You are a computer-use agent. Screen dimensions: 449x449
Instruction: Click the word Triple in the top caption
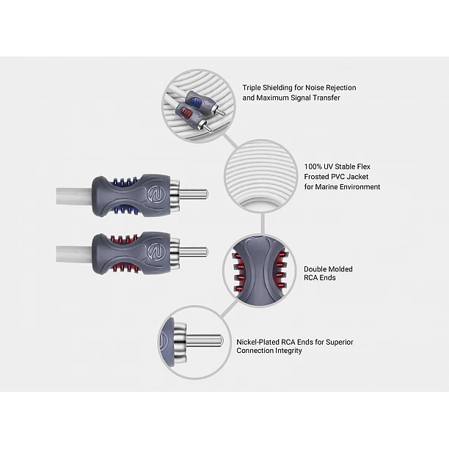coord(252,88)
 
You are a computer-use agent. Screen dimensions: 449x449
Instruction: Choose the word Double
coord(316,269)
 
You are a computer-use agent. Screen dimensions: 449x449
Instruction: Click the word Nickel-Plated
coord(258,342)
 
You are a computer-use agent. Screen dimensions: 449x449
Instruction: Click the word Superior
coord(340,342)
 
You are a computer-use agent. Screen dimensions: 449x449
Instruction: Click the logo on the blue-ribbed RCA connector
coord(155,195)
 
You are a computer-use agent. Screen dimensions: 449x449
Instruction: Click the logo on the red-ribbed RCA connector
coord(155,252)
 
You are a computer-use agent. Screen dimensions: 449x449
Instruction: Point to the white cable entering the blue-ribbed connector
coord(74,196)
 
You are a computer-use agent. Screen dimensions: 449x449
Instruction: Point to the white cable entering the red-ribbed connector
coord(74,254)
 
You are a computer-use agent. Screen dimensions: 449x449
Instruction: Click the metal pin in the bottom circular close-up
coord(205,340)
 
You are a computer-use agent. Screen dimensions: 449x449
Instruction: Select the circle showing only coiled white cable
coord(260,176)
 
